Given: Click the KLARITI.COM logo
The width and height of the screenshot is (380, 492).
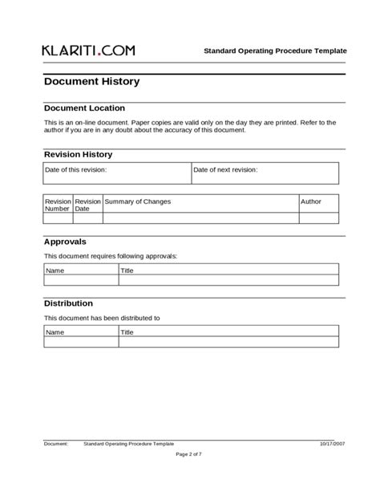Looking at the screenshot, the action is coord(88,50).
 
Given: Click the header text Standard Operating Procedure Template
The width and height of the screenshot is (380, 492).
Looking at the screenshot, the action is coord(275,51).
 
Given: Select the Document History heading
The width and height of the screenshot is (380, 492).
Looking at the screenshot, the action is coord(91,81).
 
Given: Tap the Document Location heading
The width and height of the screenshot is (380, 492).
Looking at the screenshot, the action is coord(84,108).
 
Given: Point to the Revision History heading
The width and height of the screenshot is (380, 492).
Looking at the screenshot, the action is coord(78,154).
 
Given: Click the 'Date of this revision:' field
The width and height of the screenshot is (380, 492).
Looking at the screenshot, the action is coord(117,173).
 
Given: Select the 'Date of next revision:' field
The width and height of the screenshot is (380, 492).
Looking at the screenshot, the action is coord(265,173).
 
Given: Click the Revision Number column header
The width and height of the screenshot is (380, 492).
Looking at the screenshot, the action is coord(58,205).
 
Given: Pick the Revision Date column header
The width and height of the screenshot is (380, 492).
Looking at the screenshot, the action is coord(87,205).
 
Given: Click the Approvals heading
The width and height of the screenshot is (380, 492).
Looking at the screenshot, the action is coord(65,241).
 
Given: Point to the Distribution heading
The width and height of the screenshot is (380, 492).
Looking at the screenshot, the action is coord(68,303).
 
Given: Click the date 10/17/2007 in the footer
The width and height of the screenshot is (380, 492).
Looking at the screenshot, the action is coord(332,443).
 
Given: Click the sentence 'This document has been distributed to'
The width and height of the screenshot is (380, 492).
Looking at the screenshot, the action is coord(102,318).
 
